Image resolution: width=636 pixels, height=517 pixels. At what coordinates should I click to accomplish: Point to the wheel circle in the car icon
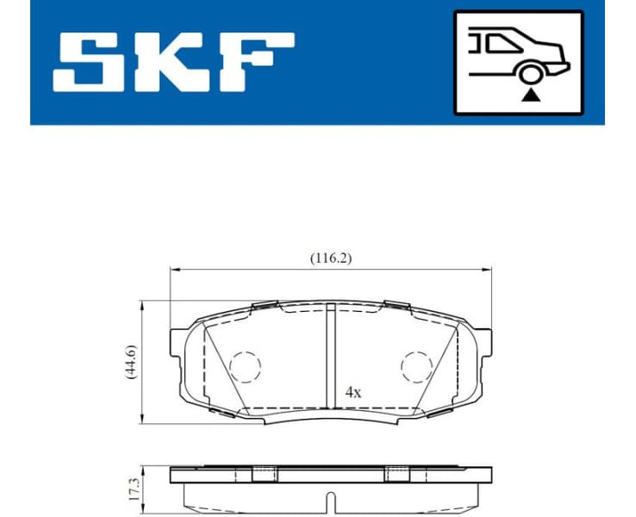coord(528,76)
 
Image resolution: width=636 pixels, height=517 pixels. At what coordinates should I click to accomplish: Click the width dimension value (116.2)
coord(332,257)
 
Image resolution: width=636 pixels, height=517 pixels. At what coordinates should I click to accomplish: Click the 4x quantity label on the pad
coord(352,390)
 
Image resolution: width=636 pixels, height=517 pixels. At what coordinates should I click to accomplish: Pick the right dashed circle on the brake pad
coord(417,367)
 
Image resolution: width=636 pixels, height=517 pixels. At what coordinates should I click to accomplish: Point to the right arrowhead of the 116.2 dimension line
coord(489,270)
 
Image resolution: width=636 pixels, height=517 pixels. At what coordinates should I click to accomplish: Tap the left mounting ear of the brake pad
coord(178,353)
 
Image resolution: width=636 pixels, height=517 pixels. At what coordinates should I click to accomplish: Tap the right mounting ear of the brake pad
coord(486,353)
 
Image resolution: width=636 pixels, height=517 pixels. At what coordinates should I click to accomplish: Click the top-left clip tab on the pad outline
coord(264,305)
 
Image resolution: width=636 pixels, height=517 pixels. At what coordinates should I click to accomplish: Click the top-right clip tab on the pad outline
coord(397,305)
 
